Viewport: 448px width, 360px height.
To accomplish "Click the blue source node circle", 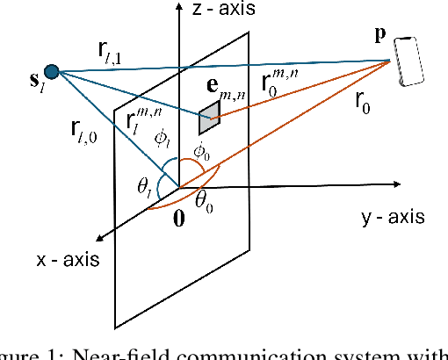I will [52, 70].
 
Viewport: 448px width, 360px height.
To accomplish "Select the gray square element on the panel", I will [208, 113].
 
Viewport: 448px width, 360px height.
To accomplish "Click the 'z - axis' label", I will [221, 11].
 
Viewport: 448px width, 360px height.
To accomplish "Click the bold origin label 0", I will [178, 219].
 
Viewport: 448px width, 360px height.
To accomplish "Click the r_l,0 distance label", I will [84, 133].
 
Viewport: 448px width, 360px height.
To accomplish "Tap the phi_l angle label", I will [160, 140].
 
